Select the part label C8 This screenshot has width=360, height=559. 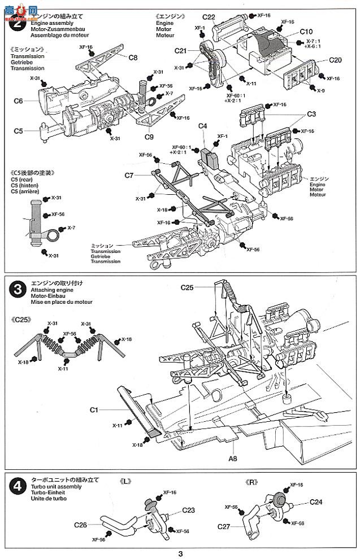133,57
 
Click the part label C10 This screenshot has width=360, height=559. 307,32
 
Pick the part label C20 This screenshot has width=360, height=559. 335,60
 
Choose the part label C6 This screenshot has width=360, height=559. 18,101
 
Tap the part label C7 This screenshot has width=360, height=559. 129,176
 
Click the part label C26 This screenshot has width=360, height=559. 80,525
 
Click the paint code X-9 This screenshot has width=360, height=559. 320,90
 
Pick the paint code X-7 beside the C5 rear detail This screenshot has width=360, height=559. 71,228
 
